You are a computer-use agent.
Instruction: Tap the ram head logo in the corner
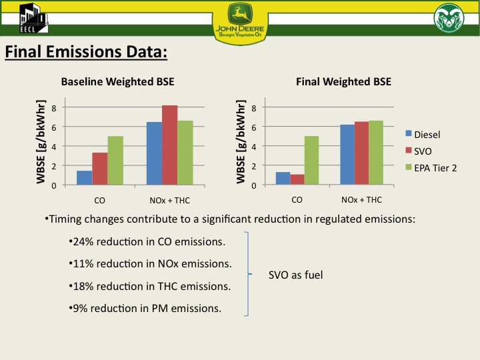click(447, 18)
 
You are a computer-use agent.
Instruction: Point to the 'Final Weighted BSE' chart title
click(343, 82)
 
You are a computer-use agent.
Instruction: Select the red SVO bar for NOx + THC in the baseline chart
click(170, 145)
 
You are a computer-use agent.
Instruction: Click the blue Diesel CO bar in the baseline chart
click(85, 177)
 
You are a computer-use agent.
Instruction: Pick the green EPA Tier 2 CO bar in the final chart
click(312, 160)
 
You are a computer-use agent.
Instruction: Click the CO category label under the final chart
click(297, 199)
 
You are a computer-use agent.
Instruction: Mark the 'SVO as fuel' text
click(296, 274)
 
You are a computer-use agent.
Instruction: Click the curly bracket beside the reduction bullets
click(249, 274)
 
